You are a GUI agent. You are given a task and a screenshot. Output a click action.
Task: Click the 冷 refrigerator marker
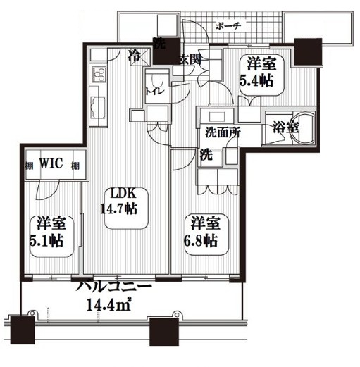coord(133,54)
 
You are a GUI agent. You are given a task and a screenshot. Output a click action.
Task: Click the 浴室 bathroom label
coord(286,127)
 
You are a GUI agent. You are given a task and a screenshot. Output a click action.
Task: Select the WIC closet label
coord(52,164)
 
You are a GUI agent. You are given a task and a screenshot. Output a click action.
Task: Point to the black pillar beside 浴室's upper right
coord(309,50)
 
